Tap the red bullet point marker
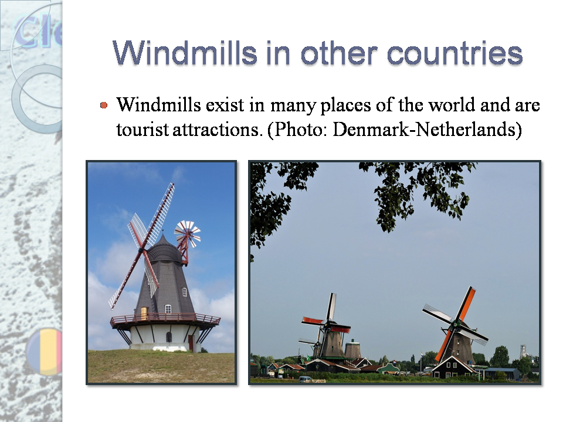click(x=104, y=105)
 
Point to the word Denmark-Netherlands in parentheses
click(x=425, y=130)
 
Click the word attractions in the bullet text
click(x=217, y=130)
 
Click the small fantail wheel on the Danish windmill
click(x=188, y=232)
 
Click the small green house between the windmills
click(x=388, y=369)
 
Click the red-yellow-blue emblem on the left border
click(x=46, y=352)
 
